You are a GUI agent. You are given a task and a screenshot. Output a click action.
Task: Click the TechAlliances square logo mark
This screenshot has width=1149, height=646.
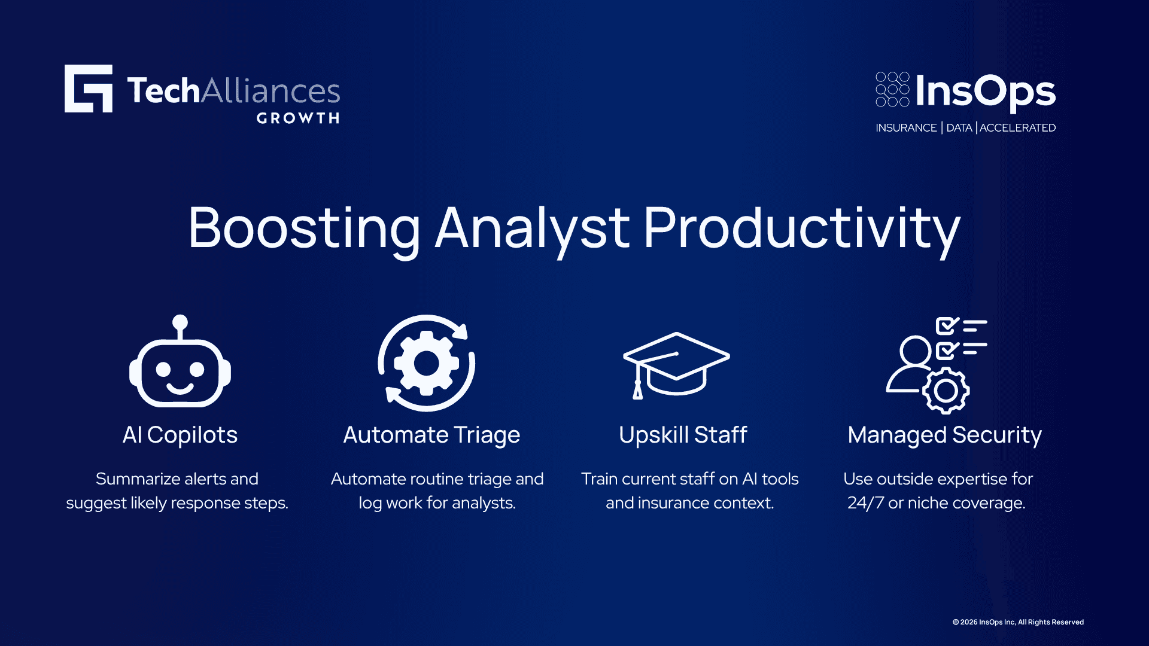[x=89, y=89]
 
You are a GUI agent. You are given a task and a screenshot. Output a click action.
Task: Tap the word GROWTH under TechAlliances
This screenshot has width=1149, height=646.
[x=298, y=118]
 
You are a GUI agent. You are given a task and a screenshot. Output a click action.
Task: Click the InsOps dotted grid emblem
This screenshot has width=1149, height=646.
[x=892, y=89]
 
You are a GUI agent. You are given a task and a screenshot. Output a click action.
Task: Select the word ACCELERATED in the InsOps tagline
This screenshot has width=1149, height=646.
[x=1017, y=127]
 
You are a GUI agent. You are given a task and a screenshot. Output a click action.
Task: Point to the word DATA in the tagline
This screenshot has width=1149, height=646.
[x=959, y=127]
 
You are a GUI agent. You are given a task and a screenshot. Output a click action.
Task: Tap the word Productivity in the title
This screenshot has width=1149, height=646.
[x=802, y=230]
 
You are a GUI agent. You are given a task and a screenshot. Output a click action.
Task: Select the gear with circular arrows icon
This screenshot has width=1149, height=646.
[x=427, y=363]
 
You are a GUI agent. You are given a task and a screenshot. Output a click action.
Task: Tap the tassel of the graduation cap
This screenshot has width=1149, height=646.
[x=638, y=389]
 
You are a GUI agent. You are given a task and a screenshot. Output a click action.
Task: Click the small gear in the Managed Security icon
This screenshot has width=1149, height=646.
[x=946, y=391]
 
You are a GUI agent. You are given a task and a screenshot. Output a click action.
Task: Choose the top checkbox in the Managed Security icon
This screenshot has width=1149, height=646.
[x=947, y=326]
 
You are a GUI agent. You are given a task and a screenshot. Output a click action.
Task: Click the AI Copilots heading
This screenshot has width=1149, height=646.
[x=180, y=435]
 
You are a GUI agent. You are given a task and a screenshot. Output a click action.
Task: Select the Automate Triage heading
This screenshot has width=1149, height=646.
[x=431, y=435]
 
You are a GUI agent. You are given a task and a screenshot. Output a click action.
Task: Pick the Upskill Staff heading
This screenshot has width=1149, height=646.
[x=683, y=435]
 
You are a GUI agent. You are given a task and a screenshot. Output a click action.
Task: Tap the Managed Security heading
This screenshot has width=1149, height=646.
[x=945, y=435]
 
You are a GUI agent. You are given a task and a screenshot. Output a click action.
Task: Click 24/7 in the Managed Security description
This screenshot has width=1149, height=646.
[x=865, y=502]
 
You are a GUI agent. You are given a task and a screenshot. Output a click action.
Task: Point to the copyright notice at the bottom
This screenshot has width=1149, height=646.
[x=1018, y=622]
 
